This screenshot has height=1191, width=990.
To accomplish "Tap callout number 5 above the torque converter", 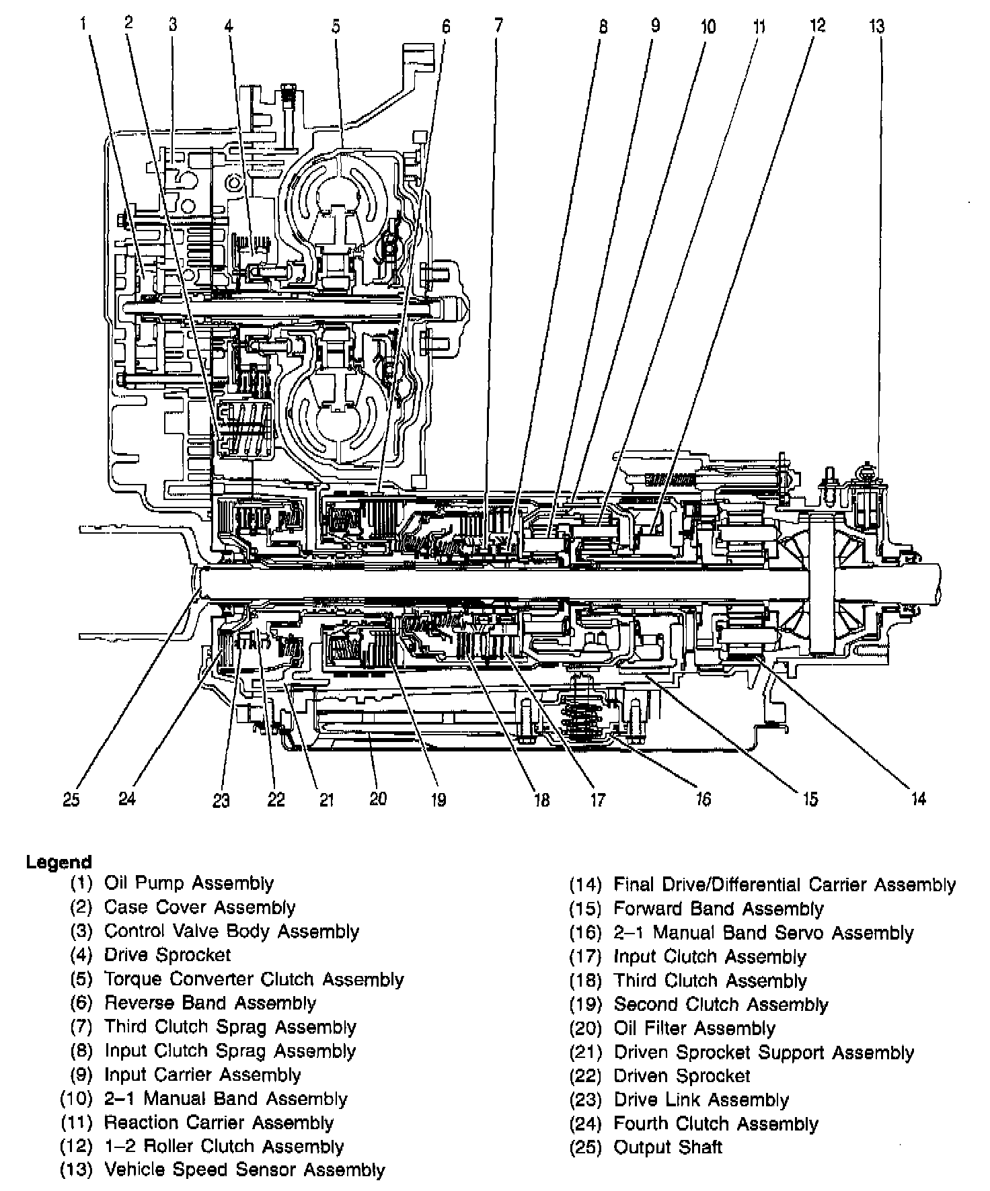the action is coord(336,26).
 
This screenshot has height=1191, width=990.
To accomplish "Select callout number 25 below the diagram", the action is coord(71,799).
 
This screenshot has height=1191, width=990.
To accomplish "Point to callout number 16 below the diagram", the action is coord(703,799).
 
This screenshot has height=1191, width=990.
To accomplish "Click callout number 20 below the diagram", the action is coord(379,799).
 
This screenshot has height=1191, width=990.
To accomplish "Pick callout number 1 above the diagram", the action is coord(83,25).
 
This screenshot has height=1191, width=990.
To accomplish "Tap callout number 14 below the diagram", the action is coord(919,798).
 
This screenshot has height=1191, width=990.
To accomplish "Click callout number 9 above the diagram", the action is coord(655,26).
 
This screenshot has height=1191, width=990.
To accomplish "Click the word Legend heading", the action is coord(59,862).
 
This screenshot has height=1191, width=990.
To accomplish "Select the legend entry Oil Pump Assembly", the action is coord(189,884).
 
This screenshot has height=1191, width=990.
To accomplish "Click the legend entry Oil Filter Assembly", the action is coord(695,1029).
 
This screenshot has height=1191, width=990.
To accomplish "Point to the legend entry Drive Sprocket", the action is coord(167,955).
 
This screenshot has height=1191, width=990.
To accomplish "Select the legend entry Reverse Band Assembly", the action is coord(210,1003).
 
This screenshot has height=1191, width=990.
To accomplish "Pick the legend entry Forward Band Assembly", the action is coord(718,909).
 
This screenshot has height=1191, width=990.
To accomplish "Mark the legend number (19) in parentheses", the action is coord(585,1005).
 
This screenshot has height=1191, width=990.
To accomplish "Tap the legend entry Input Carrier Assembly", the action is coord(202,1075).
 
